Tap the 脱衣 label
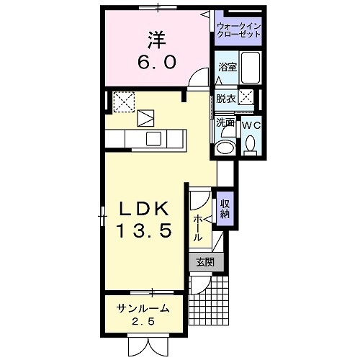pyautogui.click(x=225, y=99)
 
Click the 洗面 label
pyautogui.click(x=225, y=122)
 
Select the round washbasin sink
pyautogui.click(x=225, y=148)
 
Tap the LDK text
pyautogui.click(x=143, y=210)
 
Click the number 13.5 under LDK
pyautogui.click(x=144, y=232)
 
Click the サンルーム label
pyautogui.click(x=144, y=309)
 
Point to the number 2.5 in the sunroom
pyautogui.click(x=145, y=322)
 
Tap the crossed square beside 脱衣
pyautogui.click(x=246, y=98)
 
